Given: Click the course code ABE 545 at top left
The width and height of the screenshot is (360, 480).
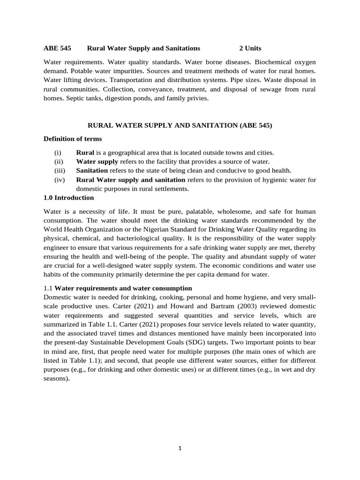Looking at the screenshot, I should click(x=57, y=48).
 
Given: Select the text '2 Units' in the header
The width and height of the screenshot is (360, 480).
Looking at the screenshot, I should click(x=250, y=48).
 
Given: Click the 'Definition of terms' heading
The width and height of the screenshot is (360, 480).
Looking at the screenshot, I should click(x=72, y=139).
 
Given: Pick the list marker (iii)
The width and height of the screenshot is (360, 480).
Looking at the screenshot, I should click(x=60, y=171).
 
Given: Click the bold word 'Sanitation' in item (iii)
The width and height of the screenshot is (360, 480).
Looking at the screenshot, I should click(x=92, y=171).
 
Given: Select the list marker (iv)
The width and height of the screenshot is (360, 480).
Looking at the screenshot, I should click(x=60, y=180).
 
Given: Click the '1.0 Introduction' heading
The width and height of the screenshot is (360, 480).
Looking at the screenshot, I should click(x=68, y=198).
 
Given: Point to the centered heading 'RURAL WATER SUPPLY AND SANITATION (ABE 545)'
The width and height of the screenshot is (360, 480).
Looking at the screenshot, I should click(x=180, y=125).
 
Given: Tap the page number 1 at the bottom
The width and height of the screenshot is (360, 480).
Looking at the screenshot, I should click(x=180, y=448).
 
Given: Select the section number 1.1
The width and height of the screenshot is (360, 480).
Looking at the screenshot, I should click(x=48, y=288).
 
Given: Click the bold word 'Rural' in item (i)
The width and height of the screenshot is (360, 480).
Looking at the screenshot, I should click(x=85, y=153).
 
